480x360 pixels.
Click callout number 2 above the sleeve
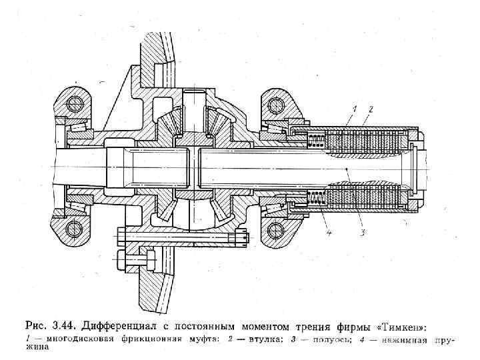[x=371, y=109]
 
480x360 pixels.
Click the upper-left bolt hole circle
[x=73, y=103]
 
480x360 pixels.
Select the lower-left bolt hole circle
[x=73, y=230]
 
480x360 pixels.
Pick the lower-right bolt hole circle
[x=273, y=231]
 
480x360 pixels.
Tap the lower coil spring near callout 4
[x=317, y=199]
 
